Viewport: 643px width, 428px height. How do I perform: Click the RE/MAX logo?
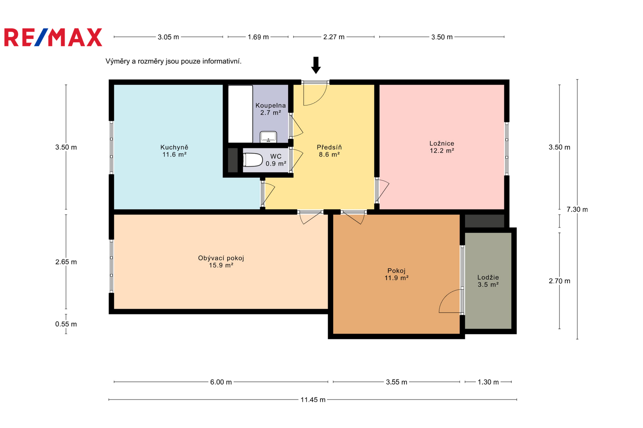click(53, 37)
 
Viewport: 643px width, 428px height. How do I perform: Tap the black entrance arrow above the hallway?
click(316, 65)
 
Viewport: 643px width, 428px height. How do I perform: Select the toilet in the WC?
click(253, 160)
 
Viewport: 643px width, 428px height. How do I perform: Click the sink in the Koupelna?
click(268, 137)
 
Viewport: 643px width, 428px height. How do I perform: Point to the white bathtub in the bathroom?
click(240, 114)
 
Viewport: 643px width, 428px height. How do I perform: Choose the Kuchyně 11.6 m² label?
click(174, 151)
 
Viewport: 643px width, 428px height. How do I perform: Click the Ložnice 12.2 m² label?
click(442, 147)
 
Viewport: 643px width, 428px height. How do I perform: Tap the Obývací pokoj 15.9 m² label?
click(221, 261)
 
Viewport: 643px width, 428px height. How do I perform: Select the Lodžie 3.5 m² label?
click(488, 281)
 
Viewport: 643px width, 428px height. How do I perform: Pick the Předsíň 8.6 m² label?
click(329, 151)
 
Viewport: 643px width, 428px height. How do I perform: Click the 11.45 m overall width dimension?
click(313, 399)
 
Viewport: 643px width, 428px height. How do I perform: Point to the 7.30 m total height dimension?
click(577, 210)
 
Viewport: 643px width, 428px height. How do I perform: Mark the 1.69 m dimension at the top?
click(258, 37)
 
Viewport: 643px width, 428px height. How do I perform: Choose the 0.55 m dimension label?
click(66, 324)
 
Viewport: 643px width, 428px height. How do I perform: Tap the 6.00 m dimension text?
click(221, 382)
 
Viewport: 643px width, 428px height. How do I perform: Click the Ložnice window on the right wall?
click(507, 149)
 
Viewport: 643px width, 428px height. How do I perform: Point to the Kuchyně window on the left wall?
click(111, 148)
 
